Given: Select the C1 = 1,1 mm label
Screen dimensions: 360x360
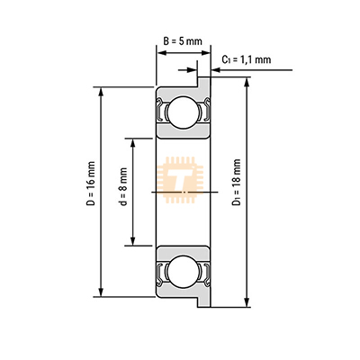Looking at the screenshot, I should (x=246, y=59).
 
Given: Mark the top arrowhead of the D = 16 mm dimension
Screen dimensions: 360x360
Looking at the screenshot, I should (x=101, y=91).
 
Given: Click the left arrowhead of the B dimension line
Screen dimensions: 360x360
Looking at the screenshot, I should (x=162, y=52).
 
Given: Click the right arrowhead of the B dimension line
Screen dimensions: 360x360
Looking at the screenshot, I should (x=206, y=52).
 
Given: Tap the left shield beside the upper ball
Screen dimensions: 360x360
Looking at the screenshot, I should (x=161, y=112).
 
